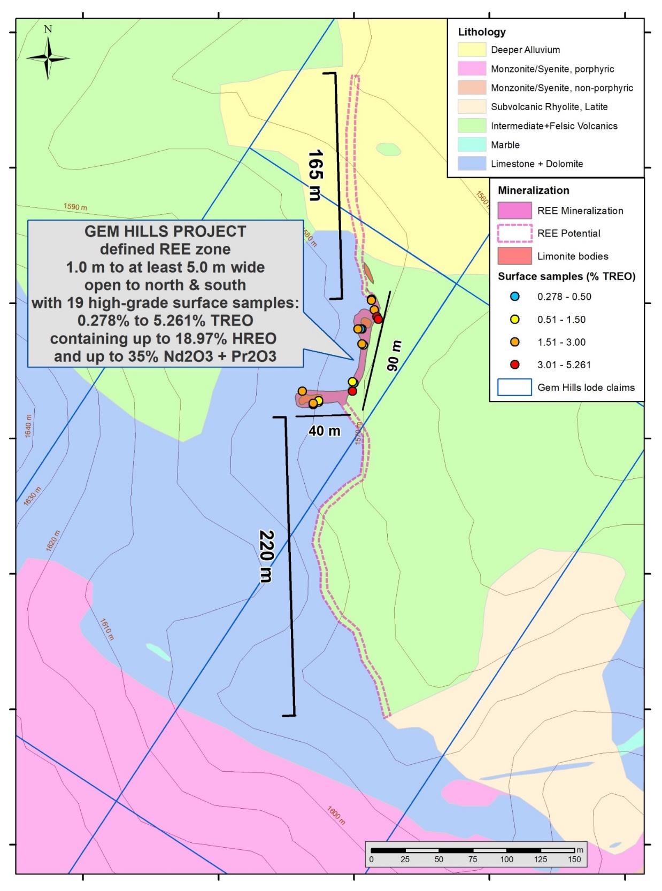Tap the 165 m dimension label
[x=315, y=175]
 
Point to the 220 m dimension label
[x=266, y=556]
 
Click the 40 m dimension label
[x=324, y=431]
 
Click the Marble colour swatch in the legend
[x=471, y=145]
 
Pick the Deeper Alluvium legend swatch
[x=471, y=50]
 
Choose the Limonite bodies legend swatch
[x=514, y=256]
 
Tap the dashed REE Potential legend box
[x=514, y=233]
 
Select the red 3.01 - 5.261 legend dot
[x=514, y=365]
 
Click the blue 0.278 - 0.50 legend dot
[x=514, y=297]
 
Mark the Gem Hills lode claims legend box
[x=514, y=387]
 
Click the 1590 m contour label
[x=75, y=207]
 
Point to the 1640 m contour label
[x=28, y=426]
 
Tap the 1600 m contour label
[x=336, y=815]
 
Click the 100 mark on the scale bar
[x=506, y=859]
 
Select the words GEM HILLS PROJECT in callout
[x=165, y=231]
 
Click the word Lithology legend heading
[x=481, y=32]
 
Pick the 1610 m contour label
[x=107, y=629]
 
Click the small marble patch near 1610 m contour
[x=158, y=652]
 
